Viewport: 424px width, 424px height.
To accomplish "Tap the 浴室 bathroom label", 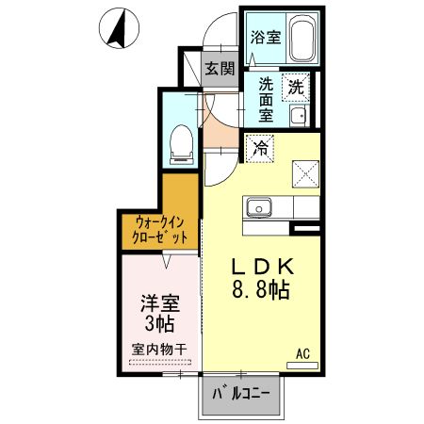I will pos(266,38).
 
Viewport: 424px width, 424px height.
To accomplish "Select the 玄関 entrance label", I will pos(220,68).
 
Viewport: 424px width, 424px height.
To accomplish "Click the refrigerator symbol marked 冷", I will pos(261,147).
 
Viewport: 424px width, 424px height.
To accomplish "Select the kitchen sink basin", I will pos(257,207).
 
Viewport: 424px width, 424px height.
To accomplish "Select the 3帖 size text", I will pos(158,326).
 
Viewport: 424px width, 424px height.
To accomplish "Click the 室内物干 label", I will pos(159,350).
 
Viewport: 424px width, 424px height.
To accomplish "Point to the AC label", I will pos(303,353).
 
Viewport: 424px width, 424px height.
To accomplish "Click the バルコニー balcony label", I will pos(240,394).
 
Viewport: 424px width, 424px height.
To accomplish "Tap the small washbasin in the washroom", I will pos(298,117).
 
